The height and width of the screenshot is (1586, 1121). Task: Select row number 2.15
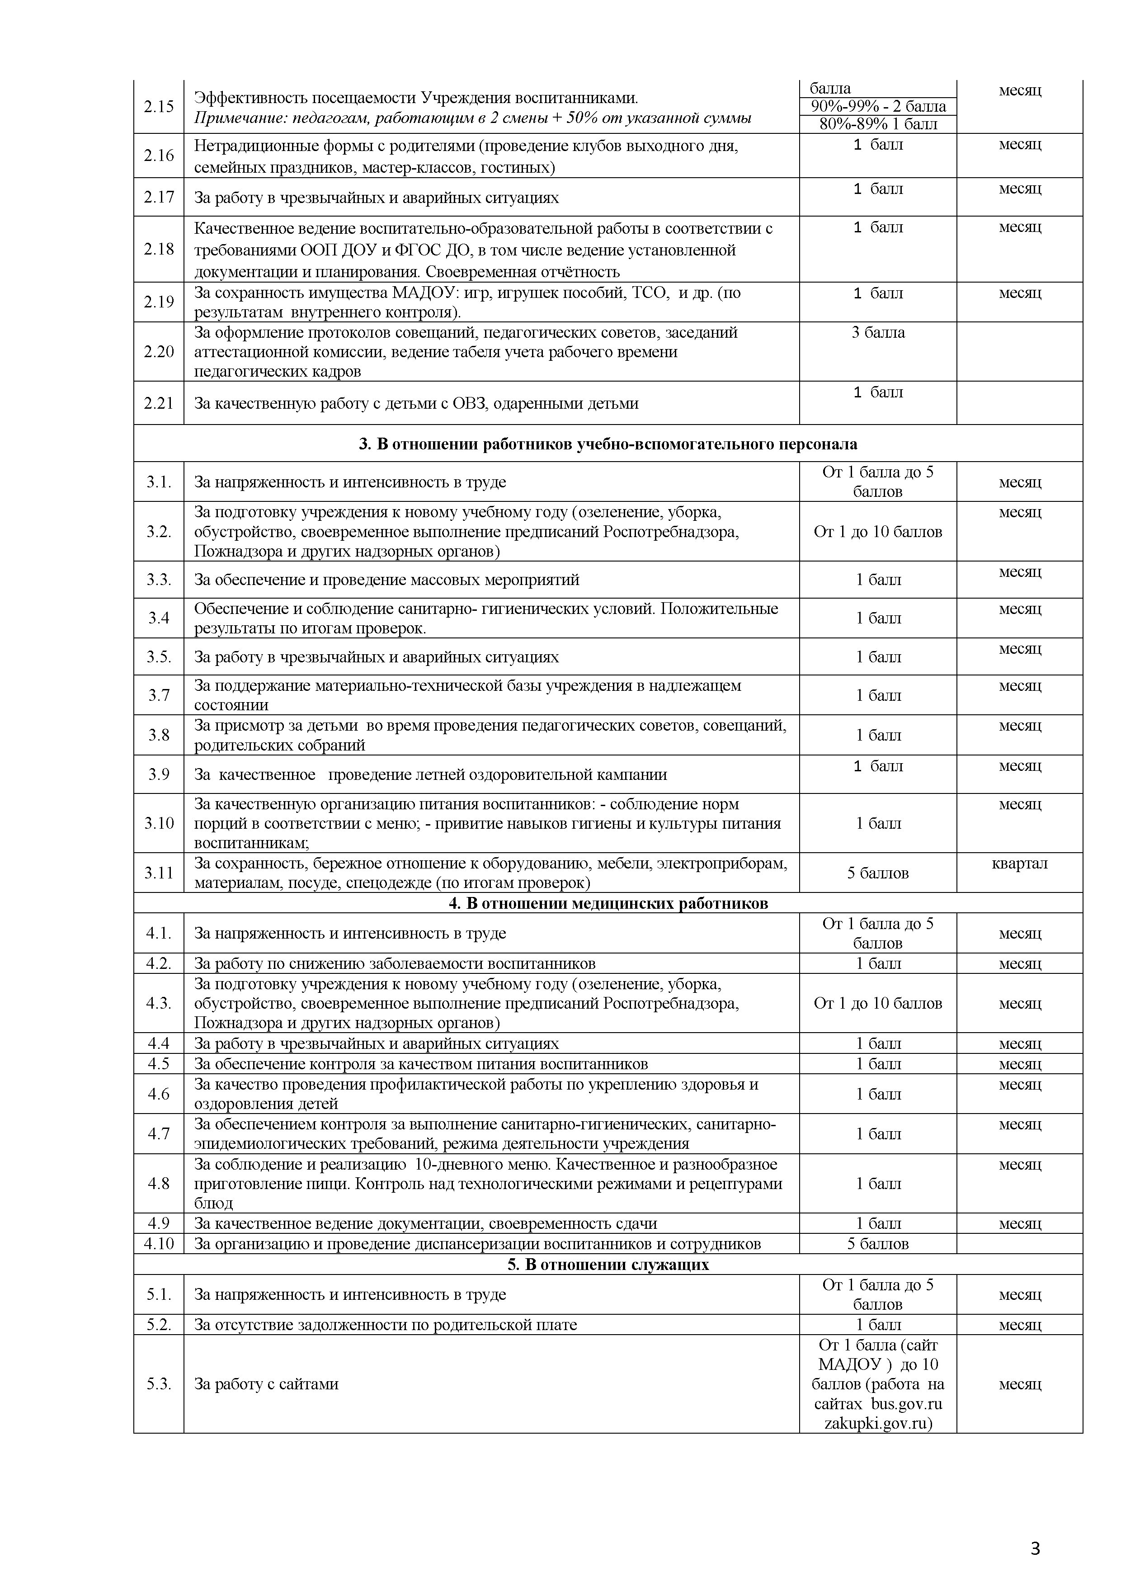tap(158, 106)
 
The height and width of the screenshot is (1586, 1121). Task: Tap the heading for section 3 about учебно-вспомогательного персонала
tap(608, 444)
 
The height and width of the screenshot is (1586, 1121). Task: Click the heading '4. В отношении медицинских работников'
tap(608, 903)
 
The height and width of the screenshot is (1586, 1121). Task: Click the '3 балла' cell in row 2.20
tap(878, 332)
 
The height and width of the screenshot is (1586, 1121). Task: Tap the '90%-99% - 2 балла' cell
tap(878, 106)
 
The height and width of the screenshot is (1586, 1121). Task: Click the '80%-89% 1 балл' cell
tap(878, 124)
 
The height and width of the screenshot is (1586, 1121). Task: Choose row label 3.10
tap(158, 823)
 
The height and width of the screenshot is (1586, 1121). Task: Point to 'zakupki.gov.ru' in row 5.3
tap(878, 1423)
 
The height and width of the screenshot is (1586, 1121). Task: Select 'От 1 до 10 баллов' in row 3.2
tap(878, 531)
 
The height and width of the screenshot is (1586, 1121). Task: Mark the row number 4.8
tap(158, 1183)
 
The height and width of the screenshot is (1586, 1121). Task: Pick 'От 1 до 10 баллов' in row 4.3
tap(878, 1003)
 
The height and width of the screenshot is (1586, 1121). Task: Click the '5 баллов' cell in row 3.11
tap(878, 873)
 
